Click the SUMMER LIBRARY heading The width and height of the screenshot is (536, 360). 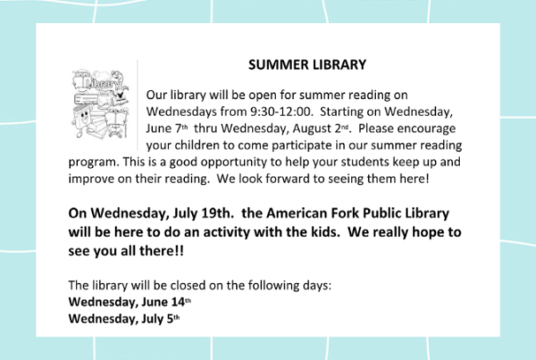[x=307, y=64]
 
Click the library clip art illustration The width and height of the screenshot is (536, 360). [x=100, y=104]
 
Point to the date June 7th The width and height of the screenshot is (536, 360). [x=167, y=129]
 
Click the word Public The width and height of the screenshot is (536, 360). [x=381, y=213]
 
